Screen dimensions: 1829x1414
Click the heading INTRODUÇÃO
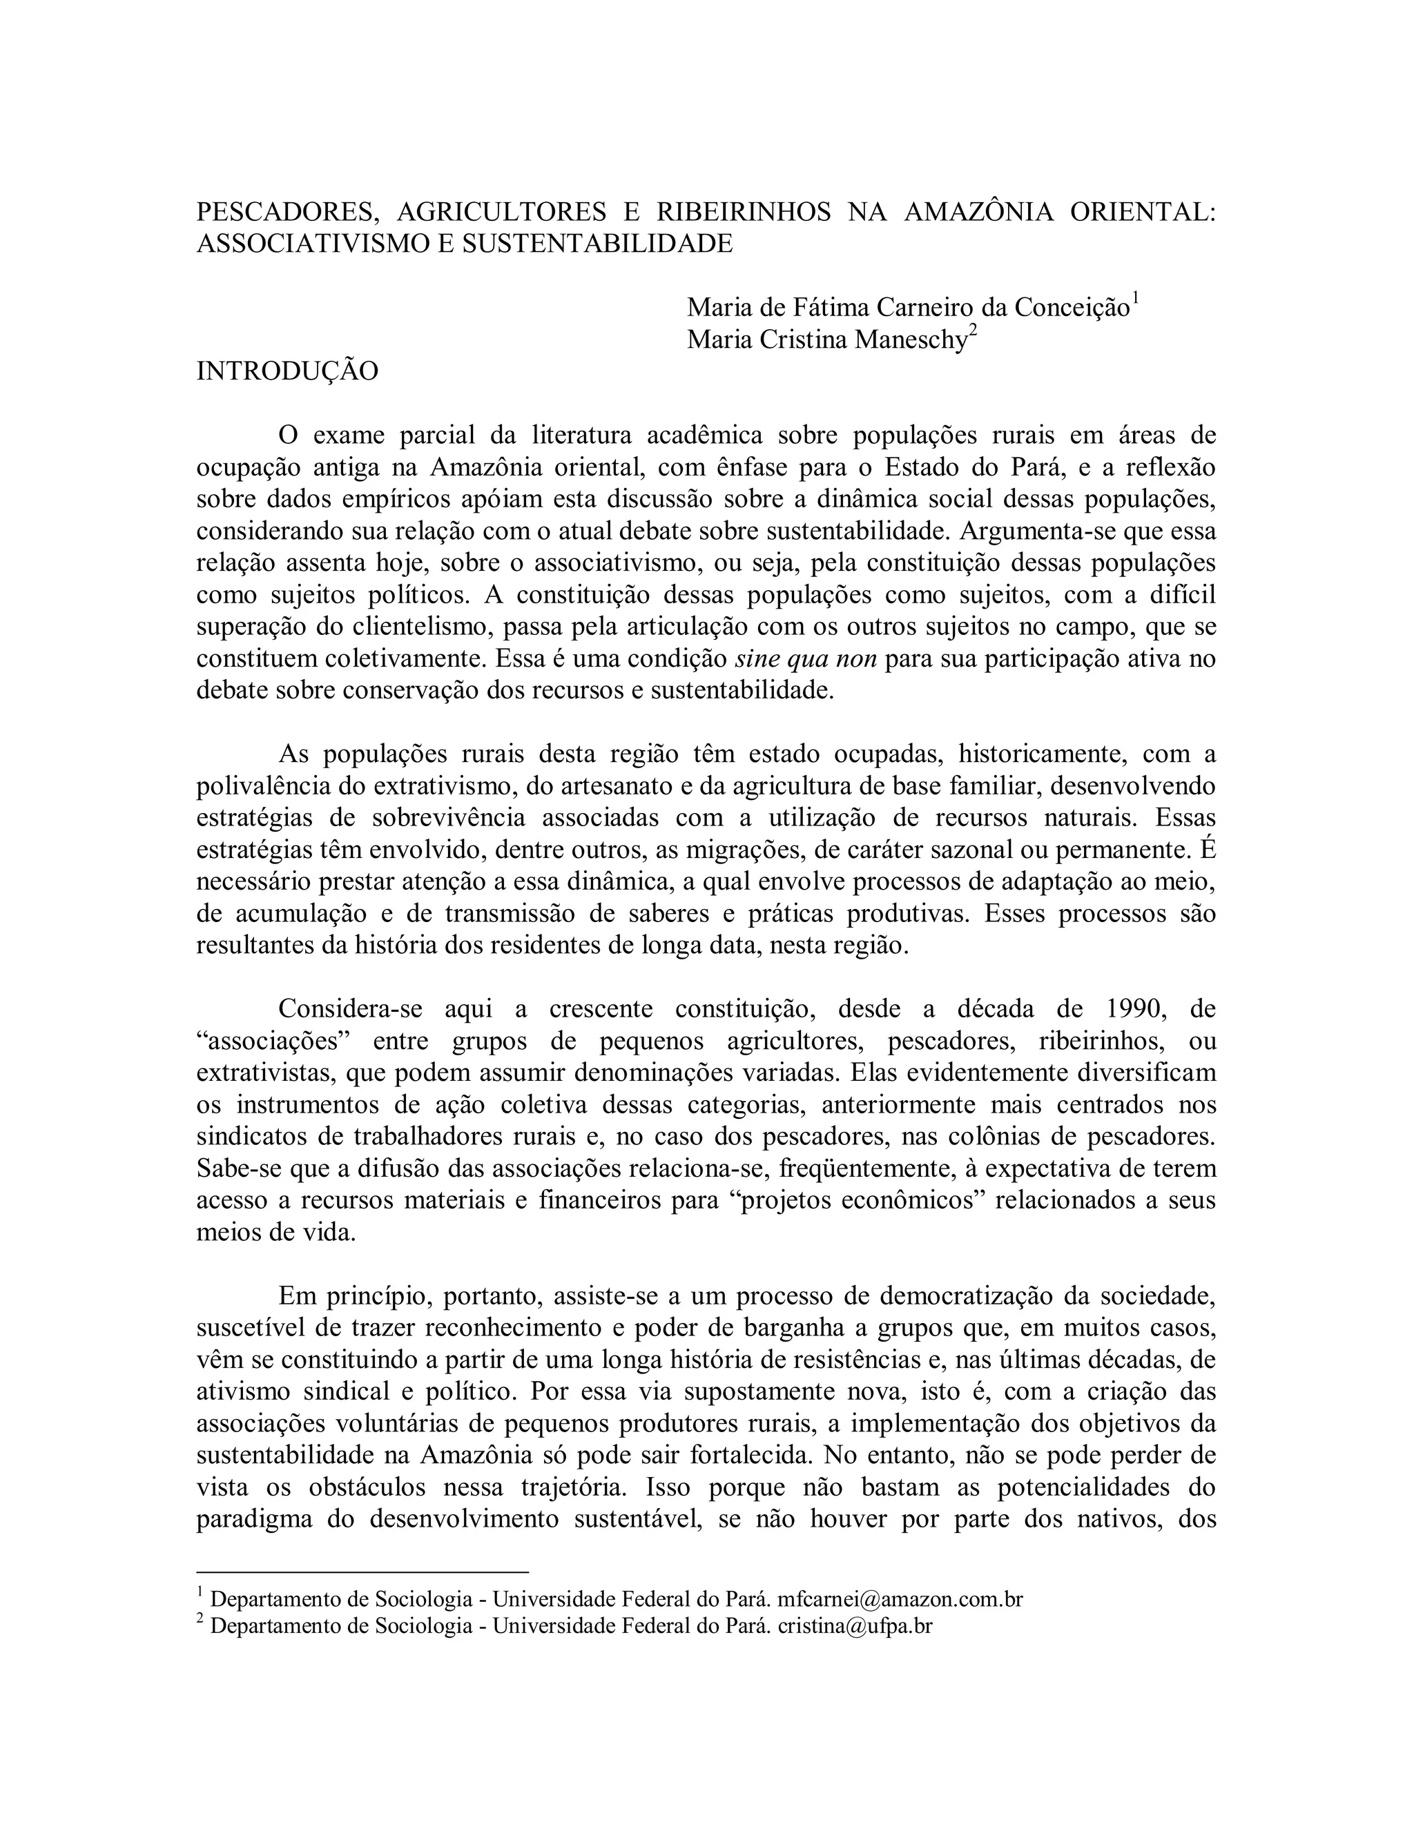(x=287, y=371)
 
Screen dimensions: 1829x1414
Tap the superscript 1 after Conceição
(x=1135, y=299)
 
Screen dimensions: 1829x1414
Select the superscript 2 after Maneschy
(x=973, y=331)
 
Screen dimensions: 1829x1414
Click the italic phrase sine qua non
(x=805, y=659)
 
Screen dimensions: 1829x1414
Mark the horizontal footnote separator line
(x=362, y=1573)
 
